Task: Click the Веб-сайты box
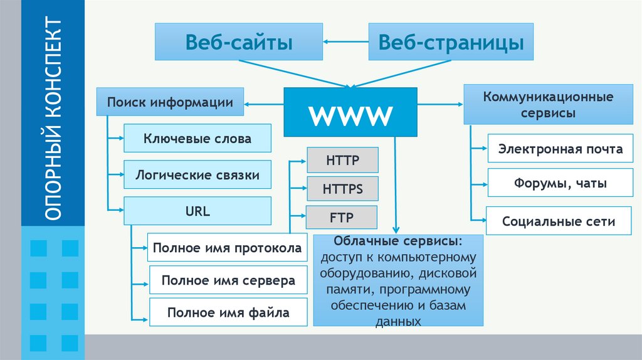point(238,42)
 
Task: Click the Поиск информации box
point(170,102)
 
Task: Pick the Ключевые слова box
point(197,139)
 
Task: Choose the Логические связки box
point(197,175)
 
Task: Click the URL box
point(197,211)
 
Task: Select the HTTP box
point(342,160)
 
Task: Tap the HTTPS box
point(342,188)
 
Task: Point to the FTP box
point(342,218)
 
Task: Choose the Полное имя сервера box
point(228,280)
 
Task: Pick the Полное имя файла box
point(228,312)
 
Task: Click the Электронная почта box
point(560,149)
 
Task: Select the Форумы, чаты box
point(560,184)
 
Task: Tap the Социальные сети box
point(558,221)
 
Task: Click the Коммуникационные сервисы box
point(548,105)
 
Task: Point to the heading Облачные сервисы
point(398,242)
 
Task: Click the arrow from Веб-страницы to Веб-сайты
point(346,42)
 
